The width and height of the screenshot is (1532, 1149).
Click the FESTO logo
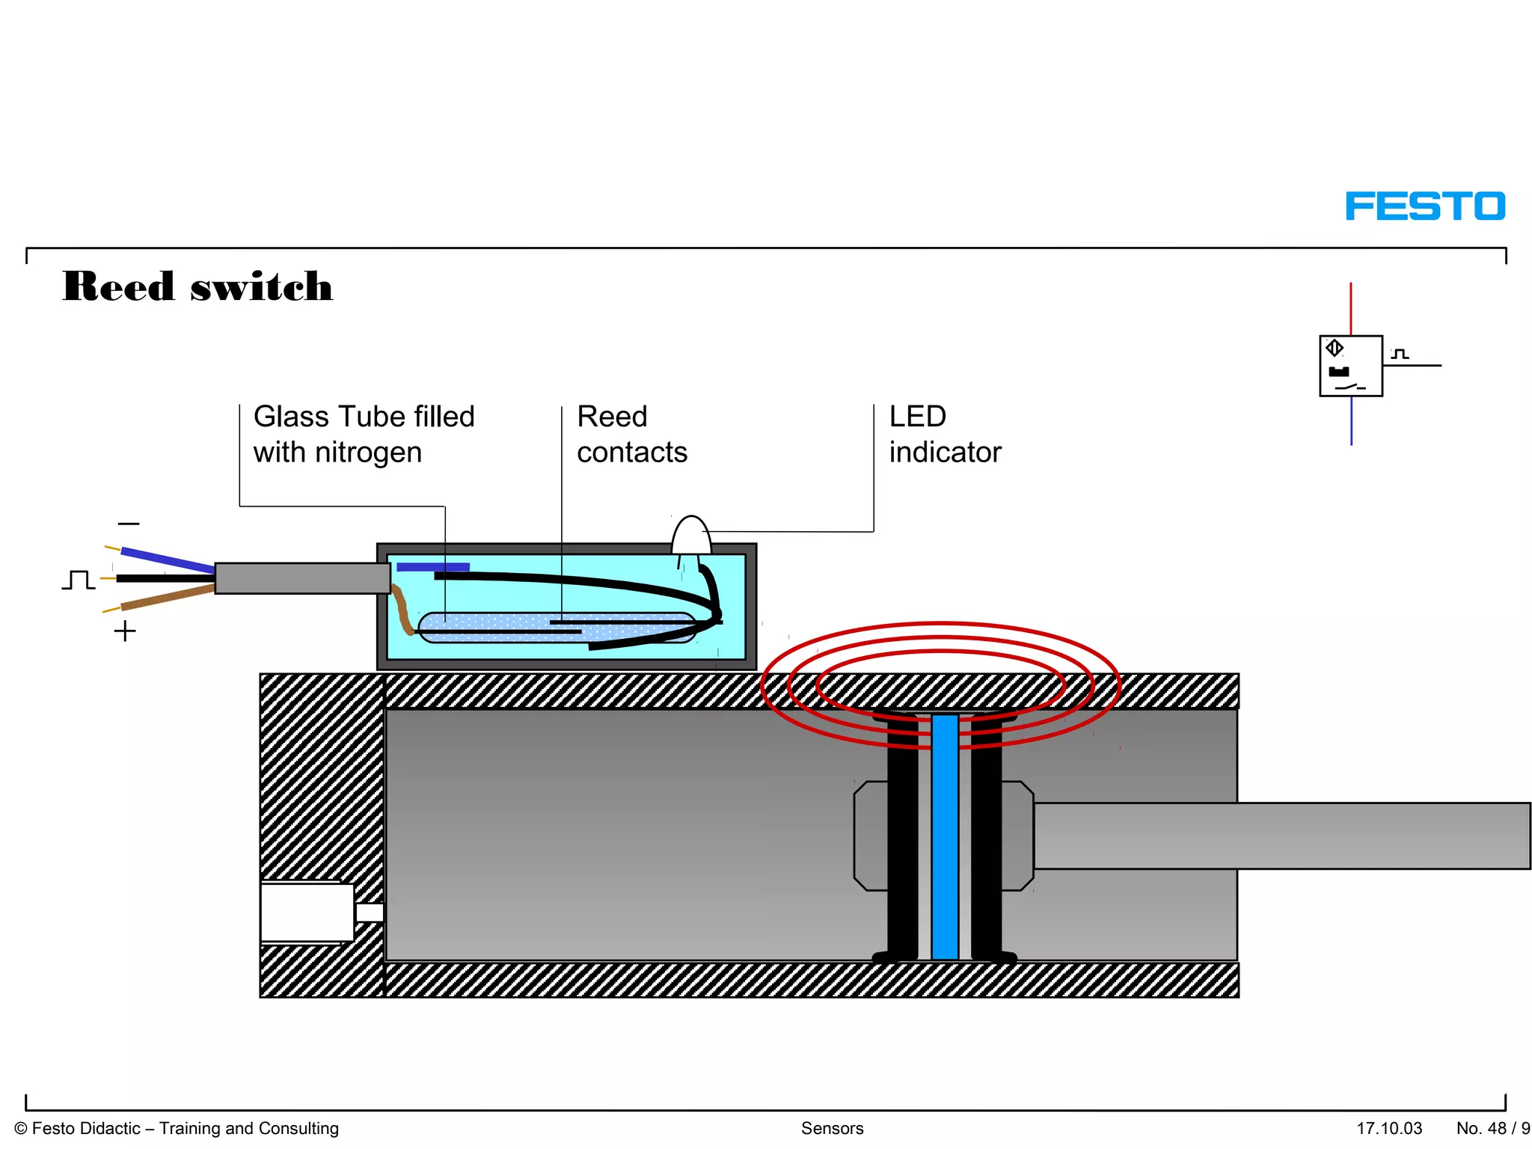point(1424,206)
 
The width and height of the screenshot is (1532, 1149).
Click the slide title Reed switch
point(197,287)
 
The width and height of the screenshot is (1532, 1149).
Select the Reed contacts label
point(631,435)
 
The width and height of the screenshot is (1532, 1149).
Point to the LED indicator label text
point(944,435)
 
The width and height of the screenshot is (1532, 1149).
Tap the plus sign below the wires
point(125,631)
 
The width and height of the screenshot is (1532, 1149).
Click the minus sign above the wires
point(129,524)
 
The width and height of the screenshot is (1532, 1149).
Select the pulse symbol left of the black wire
point(78,580)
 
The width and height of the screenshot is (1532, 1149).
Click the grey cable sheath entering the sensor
point(301,578)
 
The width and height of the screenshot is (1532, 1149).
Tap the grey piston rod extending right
point(1279,836)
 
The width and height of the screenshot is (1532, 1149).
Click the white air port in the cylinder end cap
point(307,912)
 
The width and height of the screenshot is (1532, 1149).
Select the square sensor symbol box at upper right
point(1350,366)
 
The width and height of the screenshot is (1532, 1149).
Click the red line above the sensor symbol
point(1350,308)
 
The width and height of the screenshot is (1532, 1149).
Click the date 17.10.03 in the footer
point(1389,1128)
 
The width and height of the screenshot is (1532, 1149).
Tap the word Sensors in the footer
point(832,1128)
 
